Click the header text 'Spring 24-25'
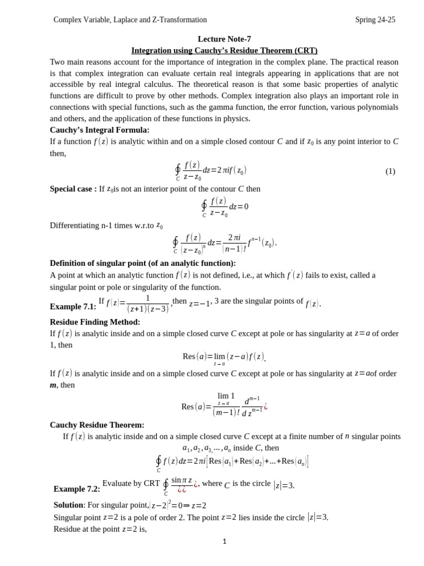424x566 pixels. point(375,20)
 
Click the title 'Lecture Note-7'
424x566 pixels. point(224,39)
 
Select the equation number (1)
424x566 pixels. point(390,171)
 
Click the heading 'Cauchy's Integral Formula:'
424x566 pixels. point(99,130)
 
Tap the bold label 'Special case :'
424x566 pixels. point(73,189)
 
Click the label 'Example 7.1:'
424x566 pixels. point(73,306)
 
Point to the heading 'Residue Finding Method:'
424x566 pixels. point(95,322)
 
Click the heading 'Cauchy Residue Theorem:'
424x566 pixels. point(97,424)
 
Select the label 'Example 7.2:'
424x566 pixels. point(77,489)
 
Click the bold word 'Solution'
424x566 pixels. point(68,505)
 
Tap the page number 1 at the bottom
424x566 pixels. point(224,542)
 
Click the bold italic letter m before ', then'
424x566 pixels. point(53,385)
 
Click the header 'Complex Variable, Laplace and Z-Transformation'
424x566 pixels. point(130,20)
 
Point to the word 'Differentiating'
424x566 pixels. point(78,225)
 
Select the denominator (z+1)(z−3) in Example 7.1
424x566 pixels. point(147,309)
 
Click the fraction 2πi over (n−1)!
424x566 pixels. point(234,243)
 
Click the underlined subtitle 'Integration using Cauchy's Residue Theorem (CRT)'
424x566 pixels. point(224,50)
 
